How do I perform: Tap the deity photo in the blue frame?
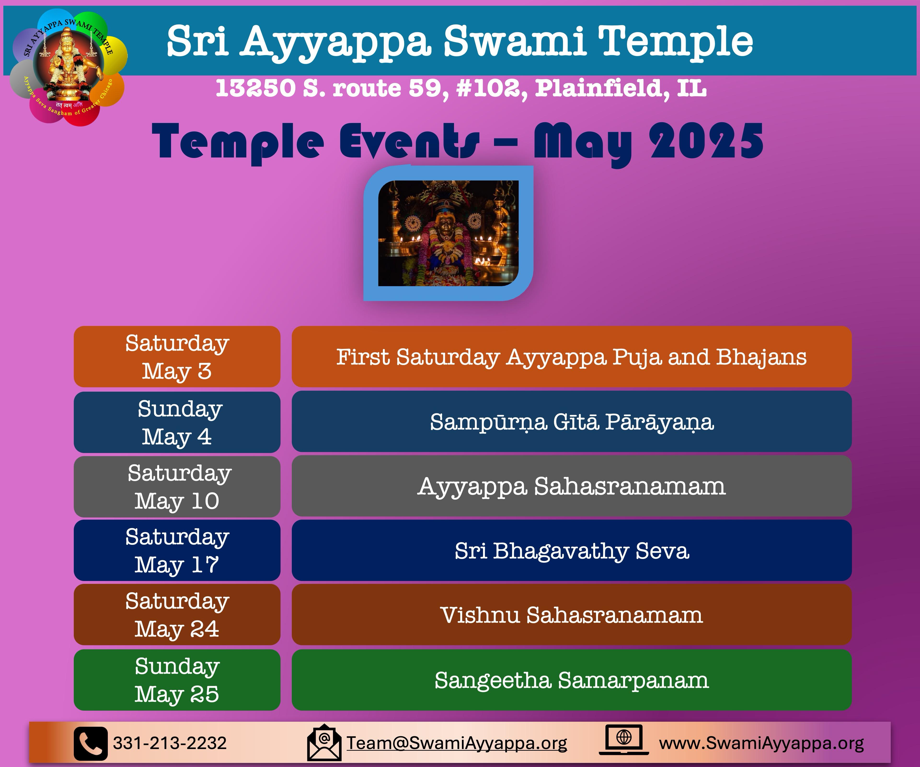pyautogui.click(x=448, y=233)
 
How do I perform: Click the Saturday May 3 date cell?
pyautogui.click(x=177, y=356)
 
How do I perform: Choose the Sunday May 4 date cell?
pyautogui.click(x=177, y=422)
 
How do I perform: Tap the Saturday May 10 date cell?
pyautogui.click(x=177, y=487)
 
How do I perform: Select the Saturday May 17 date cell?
pyautogui.click(x=177, y=551)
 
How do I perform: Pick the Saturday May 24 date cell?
pyautogui.click(x=177, y=615)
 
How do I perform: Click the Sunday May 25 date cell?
pyautogui.click(x=177, y=680)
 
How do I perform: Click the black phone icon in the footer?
pyautogui.click(x=91, y=743)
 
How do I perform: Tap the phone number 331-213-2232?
pyautogui.click(x=170, y=743)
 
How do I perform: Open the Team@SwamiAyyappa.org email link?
pyautogui.click(x=457, y=743)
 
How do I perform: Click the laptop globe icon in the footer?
pyautogui.click(x=624, y=740)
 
